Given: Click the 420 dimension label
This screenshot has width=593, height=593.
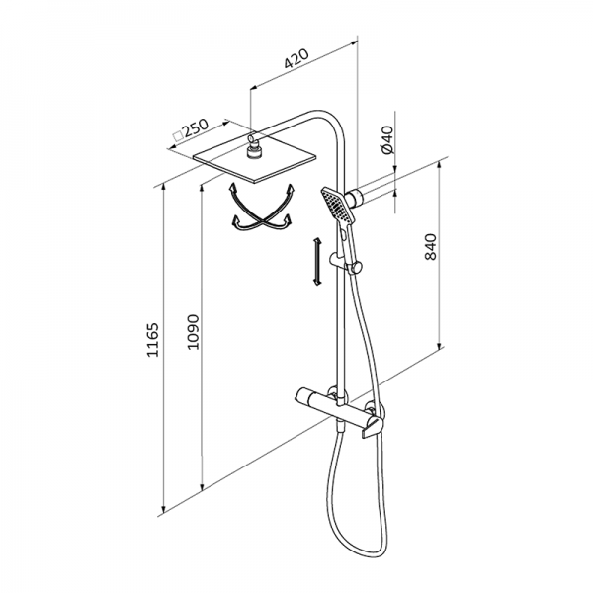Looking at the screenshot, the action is click(x=296, y=58).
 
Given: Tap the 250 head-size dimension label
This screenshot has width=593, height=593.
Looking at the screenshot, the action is click(x=195, y=128).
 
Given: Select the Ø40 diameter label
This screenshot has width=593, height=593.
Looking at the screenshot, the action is click(x=388, y=139).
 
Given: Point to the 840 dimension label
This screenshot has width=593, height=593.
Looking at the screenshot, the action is click(x=430, y=247).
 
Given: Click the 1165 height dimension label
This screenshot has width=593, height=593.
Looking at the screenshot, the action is click(x=152, y=340).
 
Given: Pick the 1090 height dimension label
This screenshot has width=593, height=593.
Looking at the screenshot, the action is click(x=193, y=332).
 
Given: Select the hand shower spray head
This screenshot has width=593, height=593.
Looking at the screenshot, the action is click(x=338, y=206).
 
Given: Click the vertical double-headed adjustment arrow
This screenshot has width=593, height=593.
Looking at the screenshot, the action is click(x=317, y=261).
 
